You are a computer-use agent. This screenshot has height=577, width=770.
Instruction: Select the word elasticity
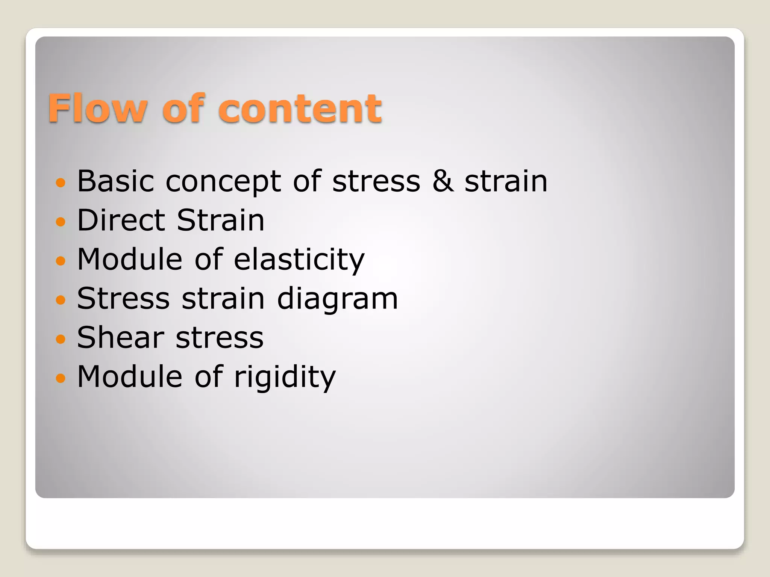[x=299, y=260]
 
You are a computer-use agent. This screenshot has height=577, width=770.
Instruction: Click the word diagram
[x=337, y=299]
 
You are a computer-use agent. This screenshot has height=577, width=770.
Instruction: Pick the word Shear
[x=121, y=338]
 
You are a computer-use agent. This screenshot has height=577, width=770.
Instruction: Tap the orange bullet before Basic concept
[x=61, y=183]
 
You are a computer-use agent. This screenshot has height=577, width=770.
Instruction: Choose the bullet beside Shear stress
[x=61, y=339]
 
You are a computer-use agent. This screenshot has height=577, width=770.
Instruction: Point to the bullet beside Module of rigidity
[x=61, y=378]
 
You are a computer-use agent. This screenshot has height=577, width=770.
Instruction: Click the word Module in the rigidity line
[x=130, y=377]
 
